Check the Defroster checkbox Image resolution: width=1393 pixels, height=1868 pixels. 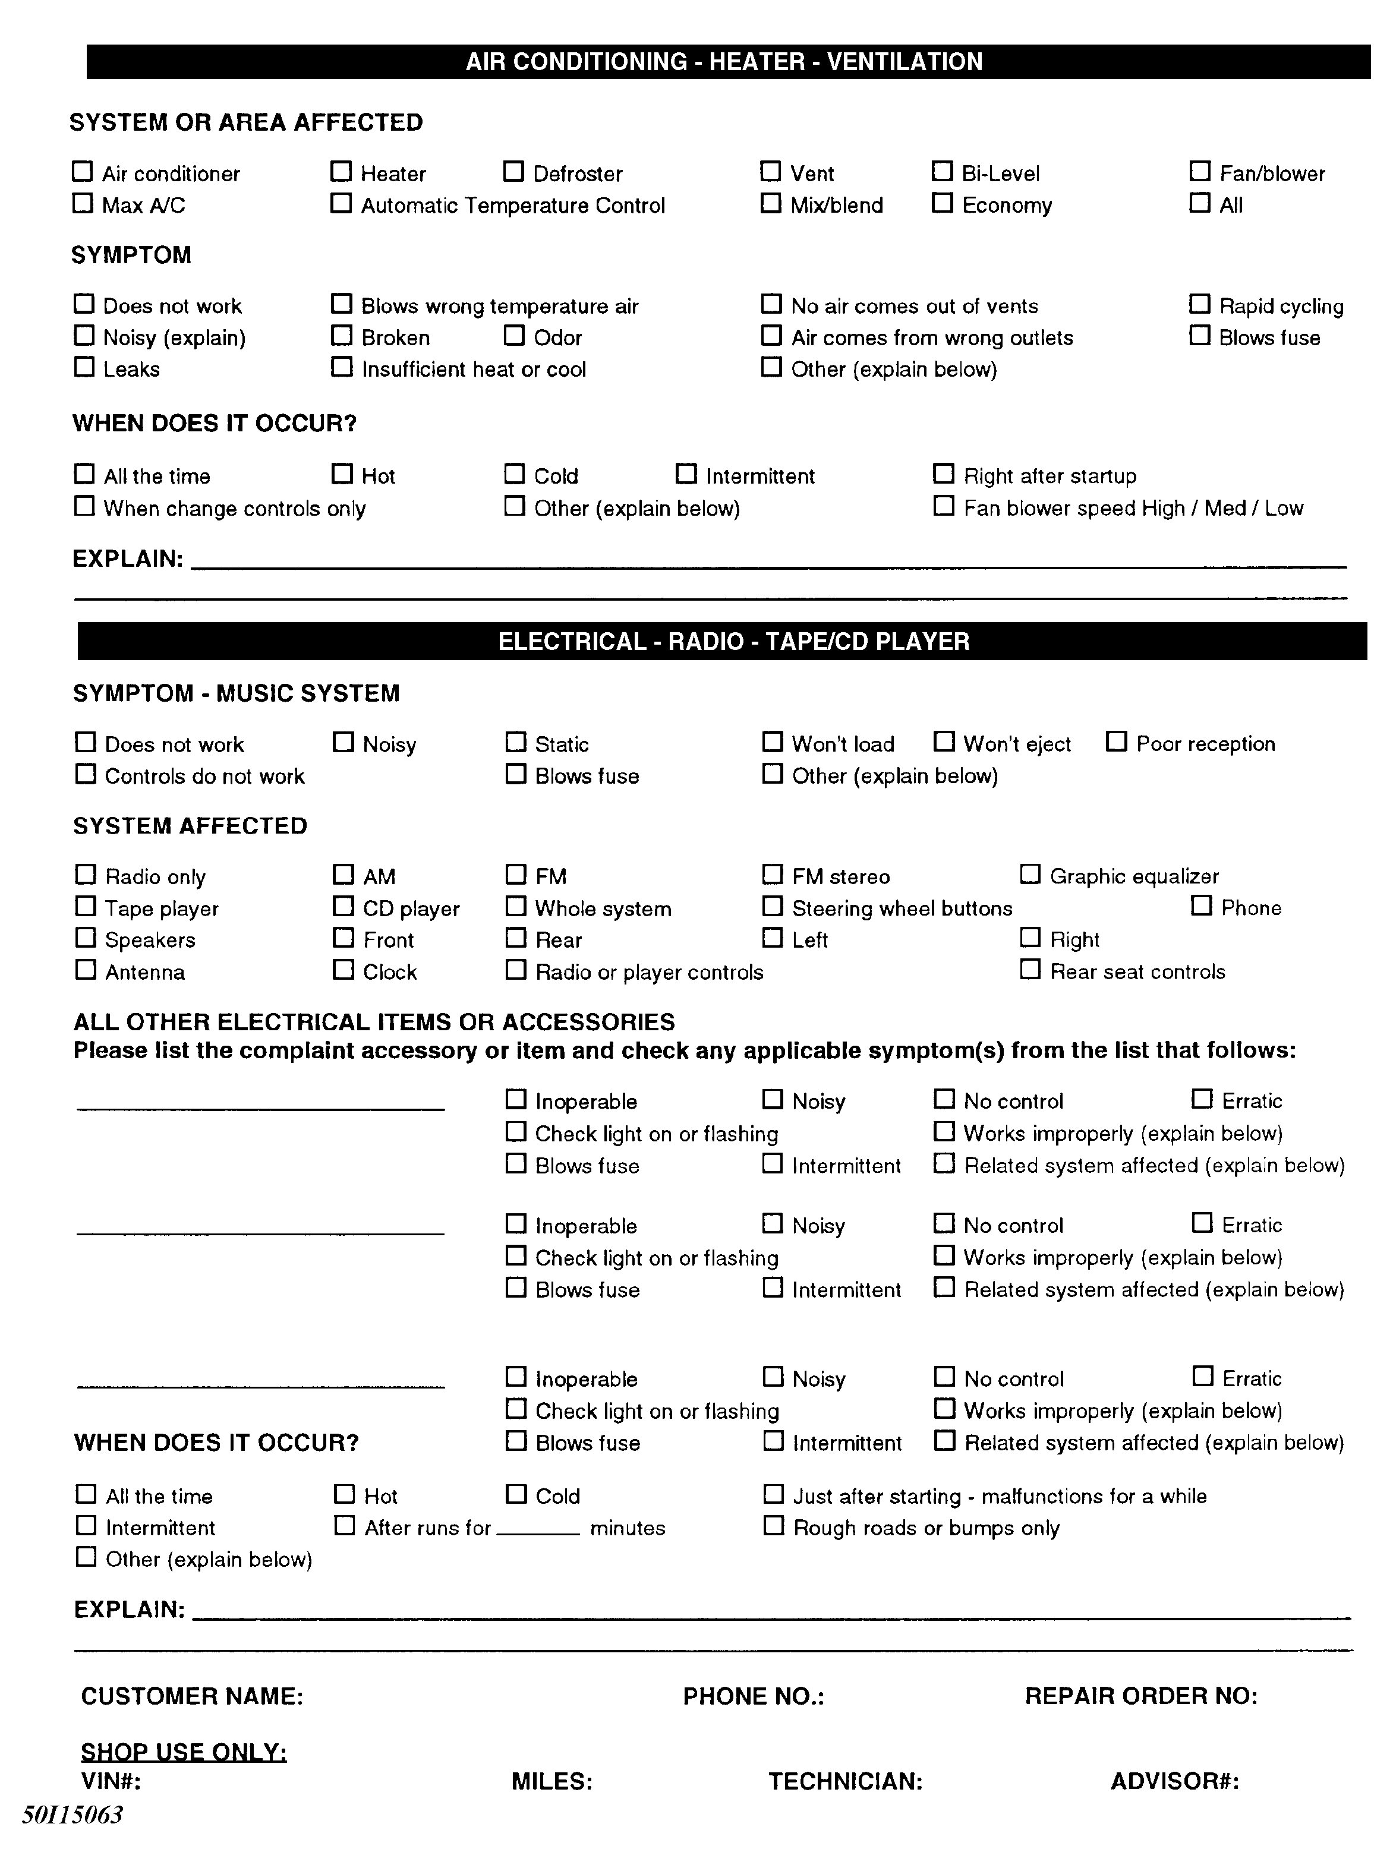coord(513,172)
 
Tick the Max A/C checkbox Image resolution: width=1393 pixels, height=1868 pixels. coord(83,204)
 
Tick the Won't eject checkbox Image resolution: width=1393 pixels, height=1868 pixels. coord(944,742)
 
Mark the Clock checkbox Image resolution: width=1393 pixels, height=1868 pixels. coord(343,970)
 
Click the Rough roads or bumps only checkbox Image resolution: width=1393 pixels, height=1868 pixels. coord(773,1526)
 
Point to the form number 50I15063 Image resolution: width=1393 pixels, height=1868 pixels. coord(73,1814)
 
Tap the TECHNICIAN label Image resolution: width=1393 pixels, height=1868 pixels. coord(845,1781)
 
